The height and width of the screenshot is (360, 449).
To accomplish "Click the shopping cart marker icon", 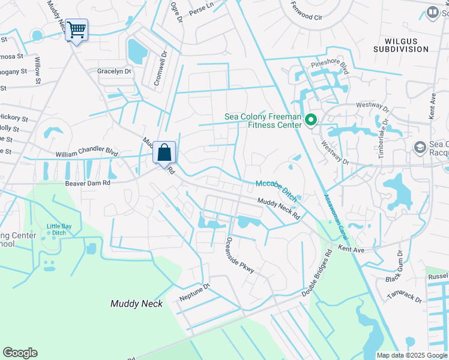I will click(x=76, y=29).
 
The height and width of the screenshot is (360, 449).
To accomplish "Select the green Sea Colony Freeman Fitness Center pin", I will click(x=310, y=121).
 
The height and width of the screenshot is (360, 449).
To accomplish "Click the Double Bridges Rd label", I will click(x=317, y=273).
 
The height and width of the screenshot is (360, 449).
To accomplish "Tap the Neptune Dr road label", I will click(x=195, y=292).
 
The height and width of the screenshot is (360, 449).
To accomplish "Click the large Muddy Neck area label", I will click(x=133, y=304).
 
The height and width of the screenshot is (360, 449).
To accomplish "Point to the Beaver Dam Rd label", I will click(x=88, y=182).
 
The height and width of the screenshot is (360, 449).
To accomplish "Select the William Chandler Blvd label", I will click(x=86, y=154).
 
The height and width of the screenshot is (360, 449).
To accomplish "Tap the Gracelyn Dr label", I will click(x=113, y=71).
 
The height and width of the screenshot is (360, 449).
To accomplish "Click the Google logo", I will click(x=20, y=353).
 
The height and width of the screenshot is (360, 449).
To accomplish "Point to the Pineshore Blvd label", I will click(x=330, y=64).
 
